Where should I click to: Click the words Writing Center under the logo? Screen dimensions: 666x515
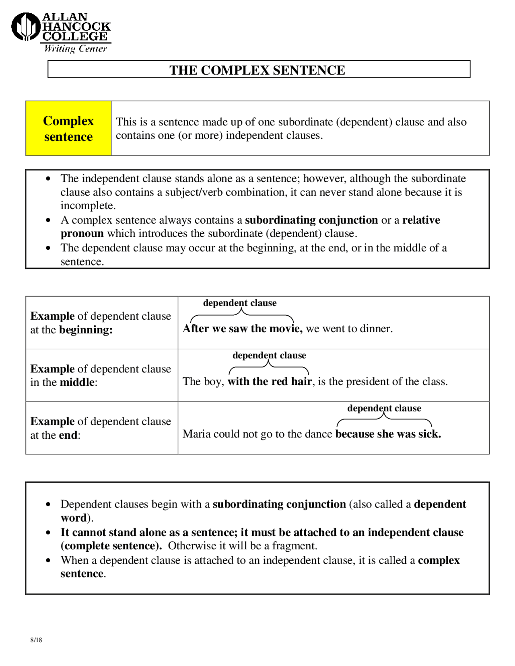coord(75,49)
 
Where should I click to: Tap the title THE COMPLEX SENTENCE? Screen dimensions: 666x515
coord(257,70)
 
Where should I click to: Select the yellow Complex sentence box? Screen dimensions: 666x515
coord(68,128)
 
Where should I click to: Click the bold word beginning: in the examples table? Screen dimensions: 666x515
coord(86,330)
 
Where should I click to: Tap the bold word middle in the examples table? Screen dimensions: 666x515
coord(77,382)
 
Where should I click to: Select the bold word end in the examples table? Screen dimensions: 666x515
coord(68,435)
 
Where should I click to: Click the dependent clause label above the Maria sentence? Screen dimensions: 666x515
coord(384,408)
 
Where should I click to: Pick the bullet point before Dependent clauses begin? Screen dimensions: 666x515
coord(48,504)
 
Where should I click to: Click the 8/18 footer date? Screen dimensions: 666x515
coord(36,640)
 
